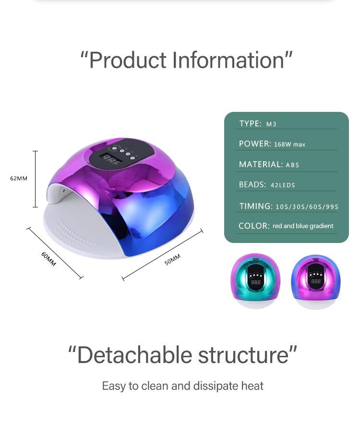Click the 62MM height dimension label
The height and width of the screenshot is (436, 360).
point(19,179)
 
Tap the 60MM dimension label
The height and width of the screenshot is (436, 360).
point(48,259)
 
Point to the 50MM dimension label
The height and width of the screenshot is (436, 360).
point(172,259)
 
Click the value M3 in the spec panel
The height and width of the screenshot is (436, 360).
point(271,124)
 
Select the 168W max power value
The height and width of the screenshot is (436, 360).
point(289,145)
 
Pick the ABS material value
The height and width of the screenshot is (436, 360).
point(292,165)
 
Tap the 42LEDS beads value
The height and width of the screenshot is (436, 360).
point(283,185)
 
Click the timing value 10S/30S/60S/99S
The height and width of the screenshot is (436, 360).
point(307,207)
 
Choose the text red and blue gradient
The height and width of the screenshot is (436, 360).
point(303,226)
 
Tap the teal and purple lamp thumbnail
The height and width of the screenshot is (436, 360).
point(255,280)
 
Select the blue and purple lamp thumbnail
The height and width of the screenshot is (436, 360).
point(316,281)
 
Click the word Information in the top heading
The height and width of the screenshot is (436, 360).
point(228,60)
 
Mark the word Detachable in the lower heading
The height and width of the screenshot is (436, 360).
point(135,355)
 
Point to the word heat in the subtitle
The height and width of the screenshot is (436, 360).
point(252,386)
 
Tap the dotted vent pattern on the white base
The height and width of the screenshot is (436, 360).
point(74,232)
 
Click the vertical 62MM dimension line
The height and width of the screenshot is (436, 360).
point(36,179)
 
